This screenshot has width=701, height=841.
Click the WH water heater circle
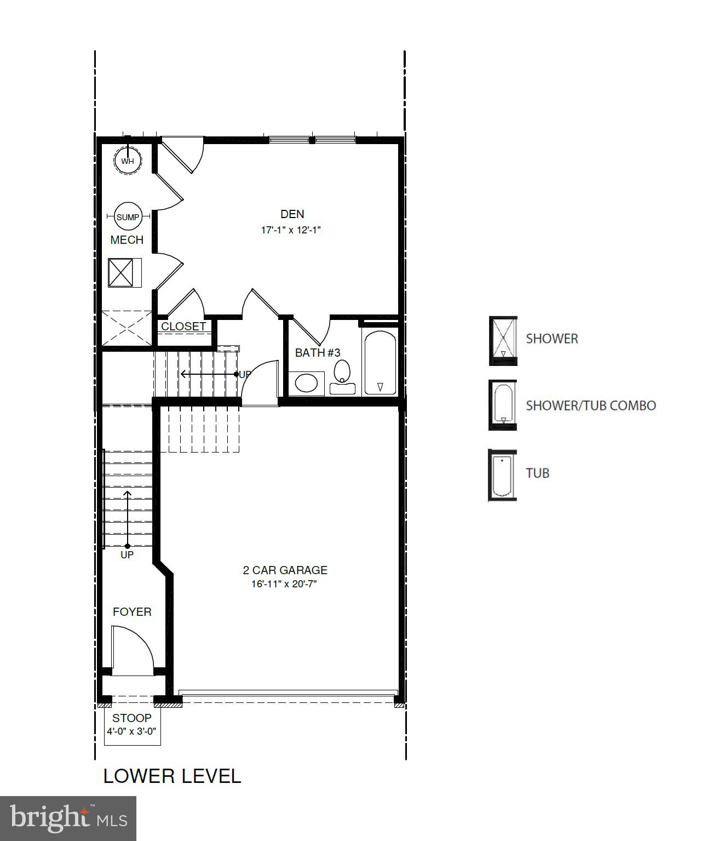(128, 161)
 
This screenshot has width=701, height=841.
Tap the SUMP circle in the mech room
(128, 217)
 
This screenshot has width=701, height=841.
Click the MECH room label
(127, 240)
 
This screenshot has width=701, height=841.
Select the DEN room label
(292, 214)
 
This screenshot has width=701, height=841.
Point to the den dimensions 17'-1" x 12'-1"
(290, 230)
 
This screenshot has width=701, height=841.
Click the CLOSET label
(183, 327)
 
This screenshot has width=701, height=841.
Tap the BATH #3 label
(318, 353)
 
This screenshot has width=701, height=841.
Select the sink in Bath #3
(306, 382)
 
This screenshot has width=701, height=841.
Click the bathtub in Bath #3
(380, 362)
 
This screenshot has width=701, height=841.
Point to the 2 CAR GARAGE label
(285, 570)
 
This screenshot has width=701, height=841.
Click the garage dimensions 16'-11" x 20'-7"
(284, 584)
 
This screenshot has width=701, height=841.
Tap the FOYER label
(132, 612)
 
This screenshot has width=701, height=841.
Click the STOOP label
(132, 718)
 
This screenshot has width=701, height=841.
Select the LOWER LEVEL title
(172, 776)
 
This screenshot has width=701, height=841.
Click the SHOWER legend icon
(503, 340)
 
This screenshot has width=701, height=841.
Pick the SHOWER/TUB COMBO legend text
(590, 406)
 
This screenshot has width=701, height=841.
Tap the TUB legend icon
(502, 475)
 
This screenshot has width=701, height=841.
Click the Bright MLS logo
(68, 818)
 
